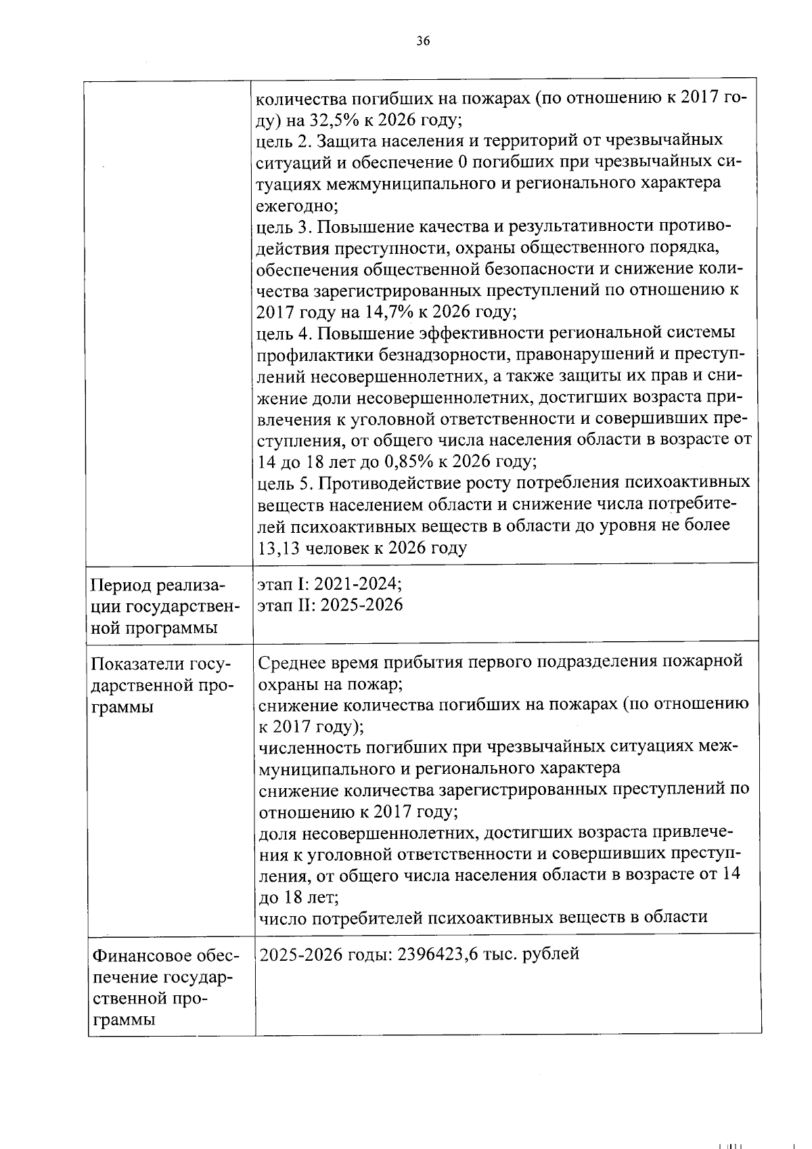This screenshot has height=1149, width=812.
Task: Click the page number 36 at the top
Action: click(x=423, y=41)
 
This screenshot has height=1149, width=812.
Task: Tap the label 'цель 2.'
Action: click(x=284, y=142)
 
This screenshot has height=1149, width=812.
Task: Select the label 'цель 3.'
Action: click(x=284, y=227)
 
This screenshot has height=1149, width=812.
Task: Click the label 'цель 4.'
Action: click(x=284, y=334)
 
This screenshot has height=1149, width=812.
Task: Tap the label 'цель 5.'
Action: click(x=284, y=483)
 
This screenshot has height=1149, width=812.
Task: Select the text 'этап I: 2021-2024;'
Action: click(x=330, y=584)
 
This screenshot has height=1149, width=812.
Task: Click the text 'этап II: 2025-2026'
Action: click(x=330, y=605)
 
